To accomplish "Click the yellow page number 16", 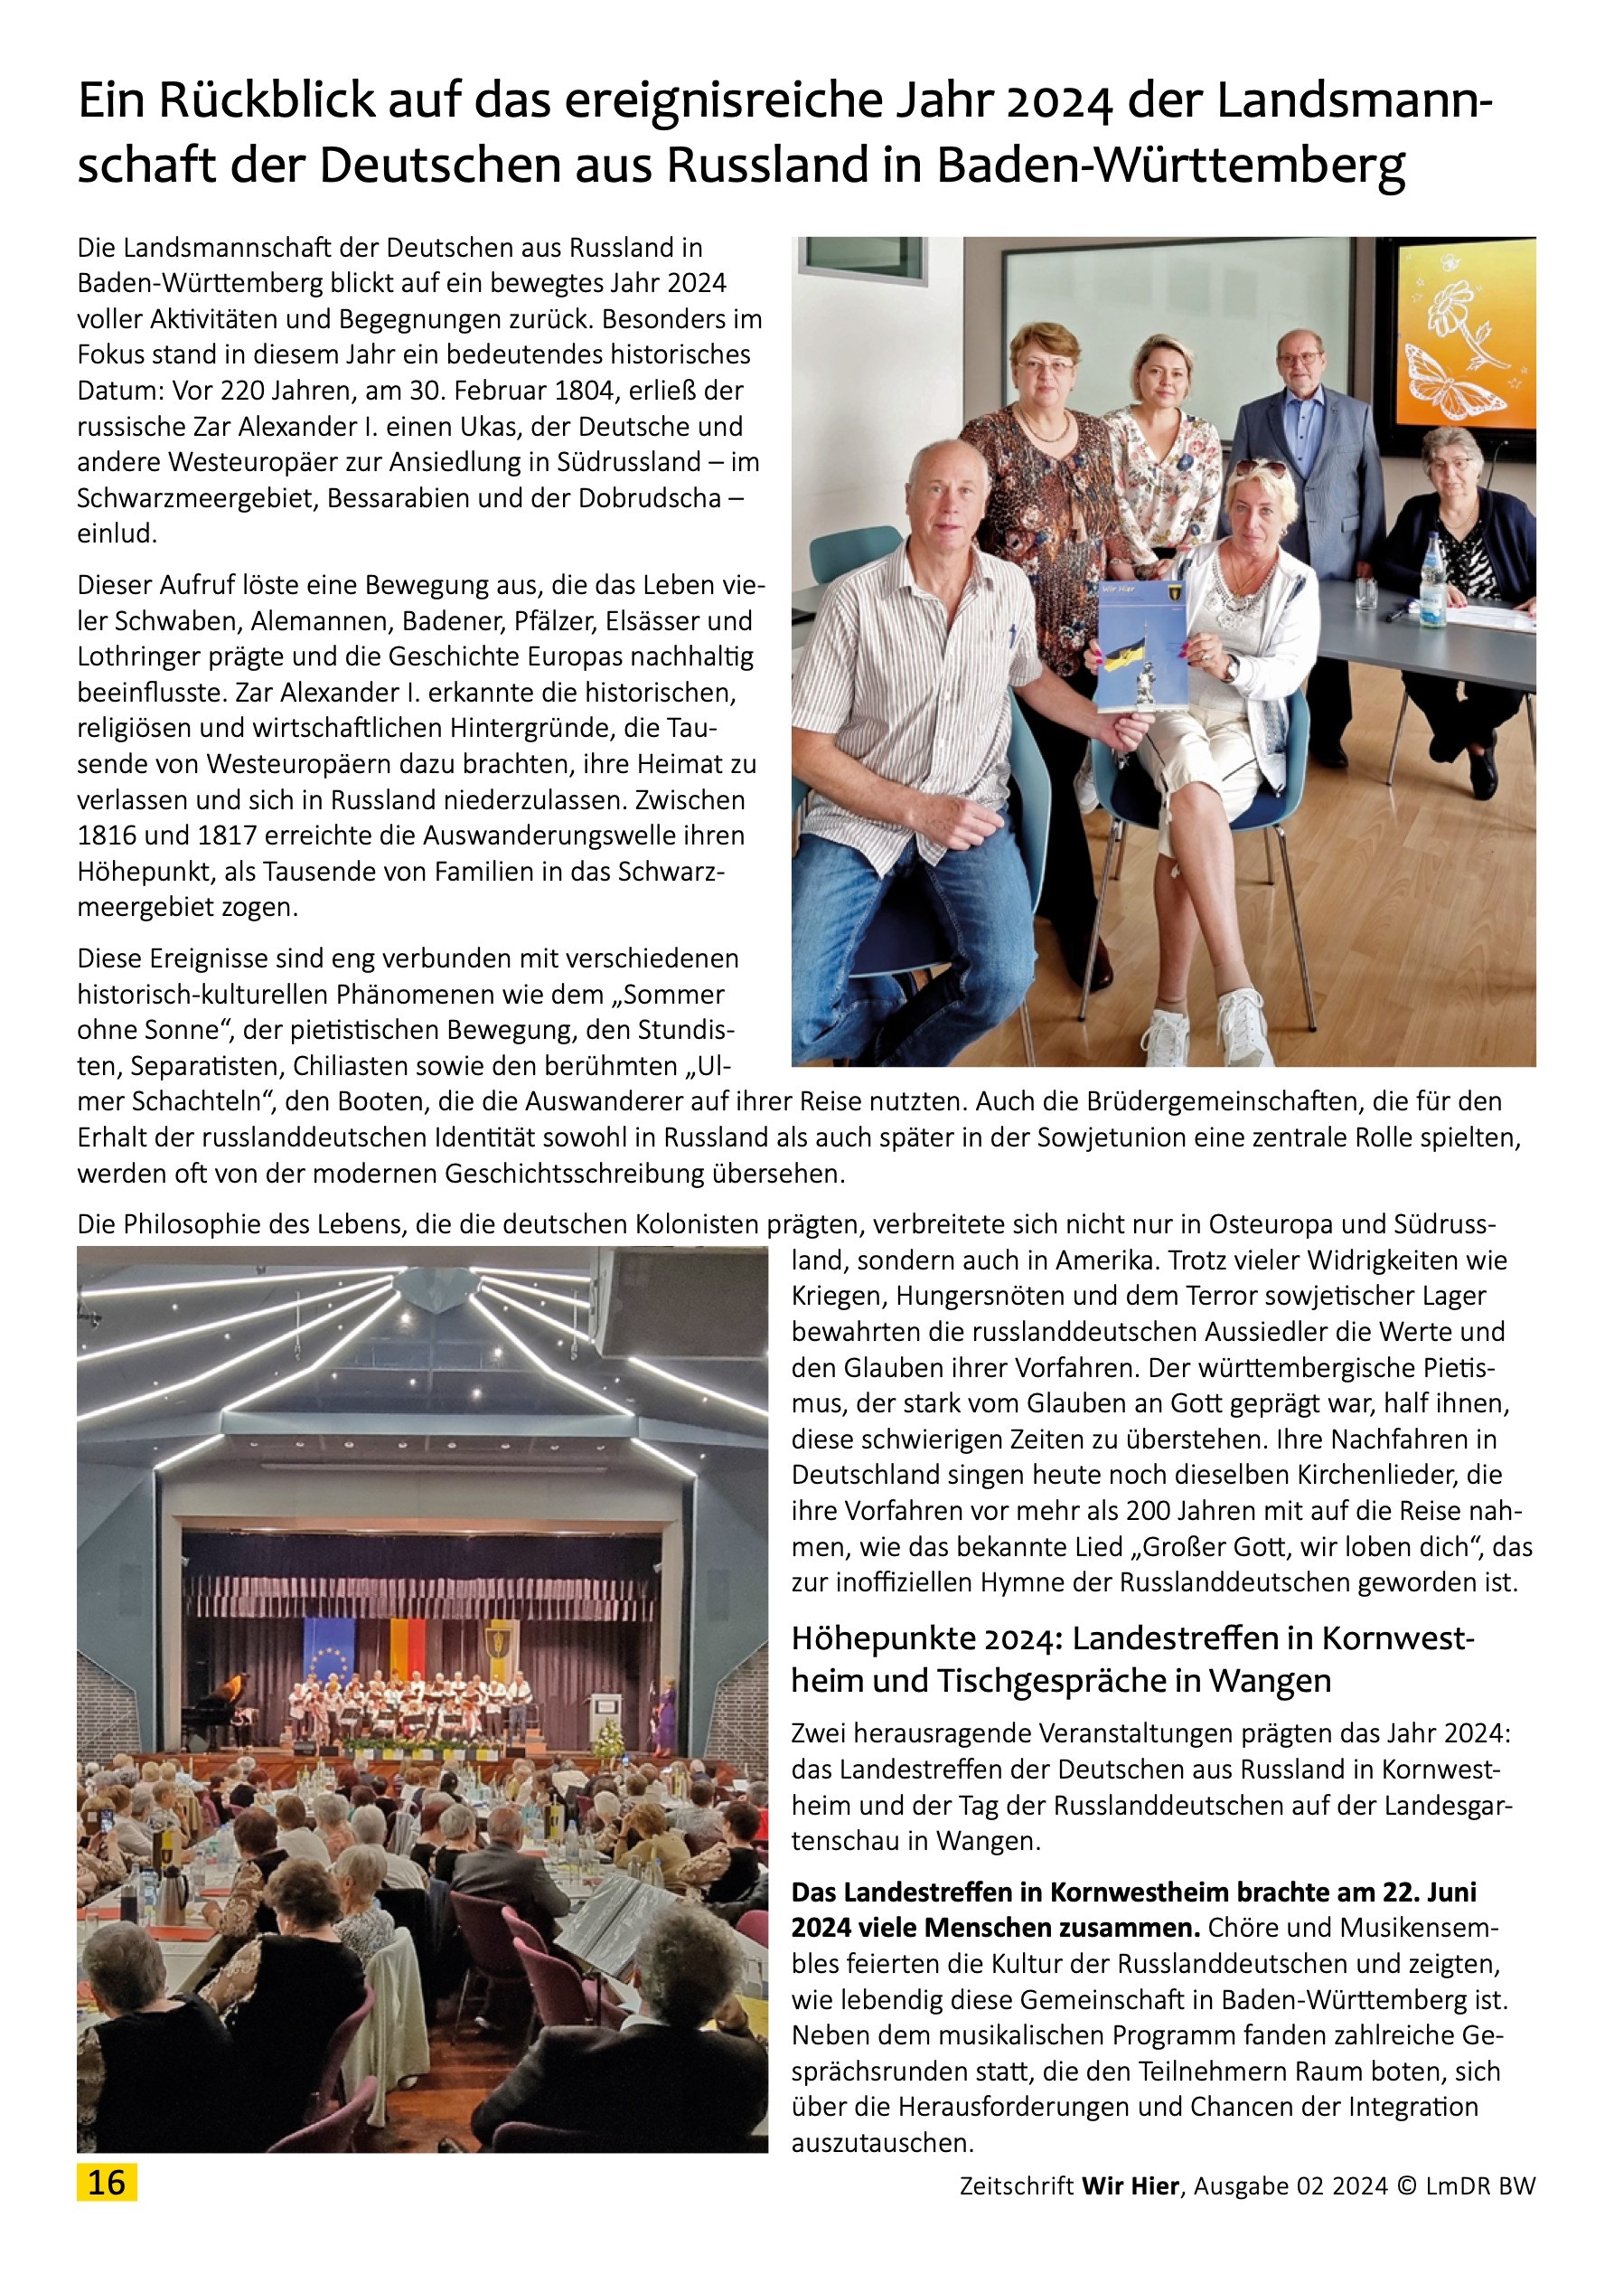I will click(x=107, y=2182).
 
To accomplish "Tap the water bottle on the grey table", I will click(x=1432, y=578).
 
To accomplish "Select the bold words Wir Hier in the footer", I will click(x=1130, y=2185).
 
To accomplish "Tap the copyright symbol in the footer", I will click(x=1406, y=2185).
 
